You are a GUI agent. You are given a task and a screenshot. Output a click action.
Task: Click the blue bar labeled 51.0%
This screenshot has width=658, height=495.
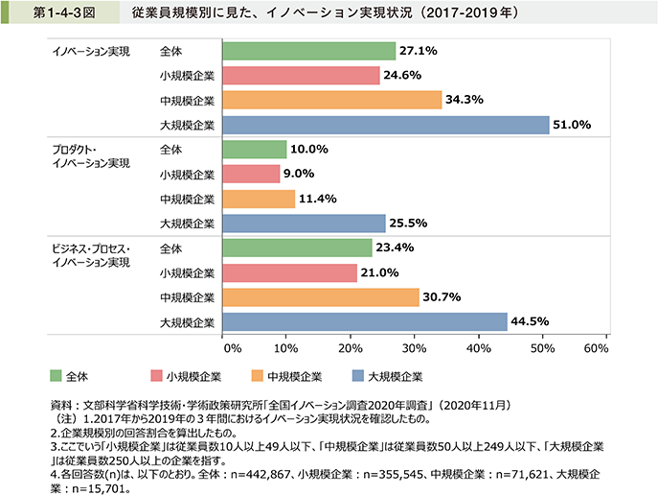click(385, 125)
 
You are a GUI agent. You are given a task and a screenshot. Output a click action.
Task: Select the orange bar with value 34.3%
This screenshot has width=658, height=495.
click(331, 100)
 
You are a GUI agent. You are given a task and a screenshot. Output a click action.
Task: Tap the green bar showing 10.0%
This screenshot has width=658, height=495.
click(254, 150)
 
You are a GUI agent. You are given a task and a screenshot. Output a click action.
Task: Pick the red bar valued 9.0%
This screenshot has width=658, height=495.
click(251, 174)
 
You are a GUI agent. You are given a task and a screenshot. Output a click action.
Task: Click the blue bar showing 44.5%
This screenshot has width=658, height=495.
click(364, 321)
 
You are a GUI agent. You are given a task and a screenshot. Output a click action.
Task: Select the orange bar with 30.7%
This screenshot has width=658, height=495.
click(320, 296)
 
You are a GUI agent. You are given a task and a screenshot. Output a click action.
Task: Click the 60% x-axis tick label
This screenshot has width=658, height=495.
click(596, 346)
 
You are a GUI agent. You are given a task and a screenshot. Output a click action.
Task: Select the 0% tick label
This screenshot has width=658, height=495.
click(229, 346)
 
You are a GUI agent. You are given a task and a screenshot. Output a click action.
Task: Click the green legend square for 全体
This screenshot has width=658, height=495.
click(56, 376)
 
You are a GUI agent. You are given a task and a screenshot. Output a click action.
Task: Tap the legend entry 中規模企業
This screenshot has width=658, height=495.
click(290, 376)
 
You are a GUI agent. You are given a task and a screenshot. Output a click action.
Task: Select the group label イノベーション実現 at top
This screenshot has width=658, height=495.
click(90, 51)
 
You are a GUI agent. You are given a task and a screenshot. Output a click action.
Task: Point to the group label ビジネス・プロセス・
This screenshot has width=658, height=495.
click(89, 248)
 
